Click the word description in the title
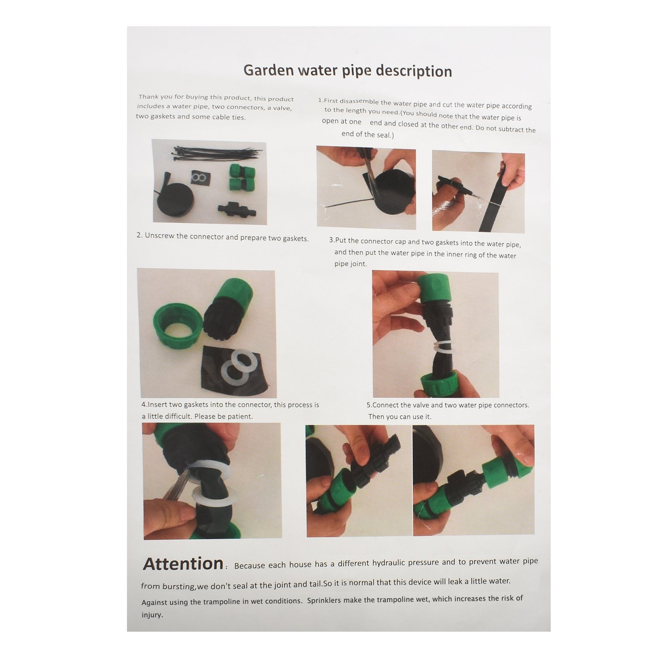point(414,71)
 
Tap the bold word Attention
point(183,564)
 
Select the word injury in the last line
point(152,615)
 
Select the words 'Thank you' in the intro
point(155,97)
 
